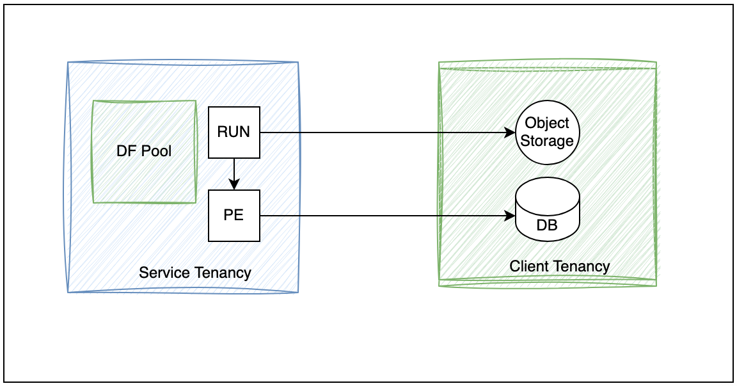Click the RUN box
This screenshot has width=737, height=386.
[x=234, y=133]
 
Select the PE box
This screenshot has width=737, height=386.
[x=234, y=216]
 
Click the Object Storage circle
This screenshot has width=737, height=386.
[x=548, y=133]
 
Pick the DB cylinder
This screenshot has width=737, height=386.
[x=548, y=211]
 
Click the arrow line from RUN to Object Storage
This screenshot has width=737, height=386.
[x=384, y=133]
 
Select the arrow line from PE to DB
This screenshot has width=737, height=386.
[x=384, y=216]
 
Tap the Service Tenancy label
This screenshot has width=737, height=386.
[x=195, y=273]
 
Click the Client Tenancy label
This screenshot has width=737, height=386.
[x=560, y=266]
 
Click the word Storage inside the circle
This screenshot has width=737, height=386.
[x=548, y=140]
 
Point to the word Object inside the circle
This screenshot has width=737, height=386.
[x=548, y=124]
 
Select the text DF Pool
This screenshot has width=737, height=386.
[x=144, y=152]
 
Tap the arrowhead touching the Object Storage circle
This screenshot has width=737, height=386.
[x=511, y=133]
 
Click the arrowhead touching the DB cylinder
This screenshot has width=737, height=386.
[x=511, y=216]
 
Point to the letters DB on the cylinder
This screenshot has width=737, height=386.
[x=548, y=225]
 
